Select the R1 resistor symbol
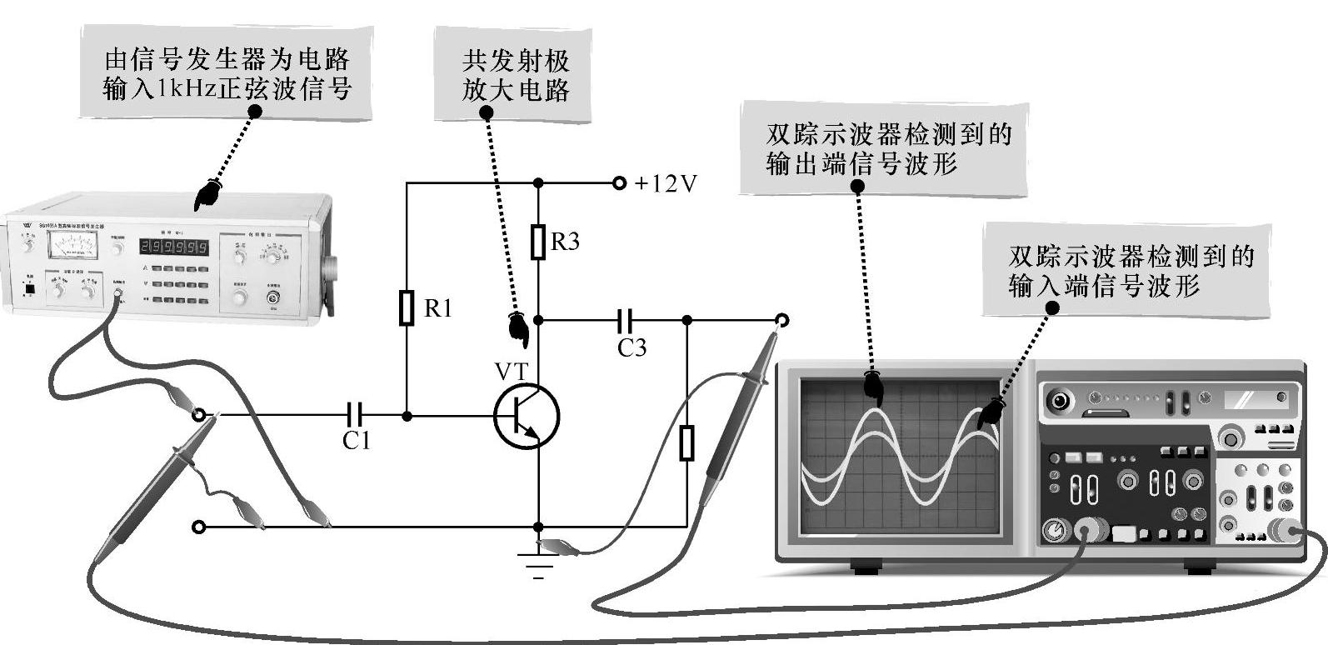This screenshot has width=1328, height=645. pos(407,307)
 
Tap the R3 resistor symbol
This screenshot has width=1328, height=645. pos(538,242)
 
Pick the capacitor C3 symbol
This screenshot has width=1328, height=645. pos(626,320)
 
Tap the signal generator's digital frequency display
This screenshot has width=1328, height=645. pos(173,247)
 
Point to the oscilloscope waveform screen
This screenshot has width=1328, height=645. pos(900,455)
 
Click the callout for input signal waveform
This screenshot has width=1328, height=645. pos(1131,270)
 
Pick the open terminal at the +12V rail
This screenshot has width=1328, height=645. pos(618,183)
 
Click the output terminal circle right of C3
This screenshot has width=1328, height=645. pos(781,320)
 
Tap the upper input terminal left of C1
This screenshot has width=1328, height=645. pos(198,414)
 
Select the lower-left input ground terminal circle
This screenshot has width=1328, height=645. pos(198,527)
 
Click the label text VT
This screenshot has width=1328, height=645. pos(511,369)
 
